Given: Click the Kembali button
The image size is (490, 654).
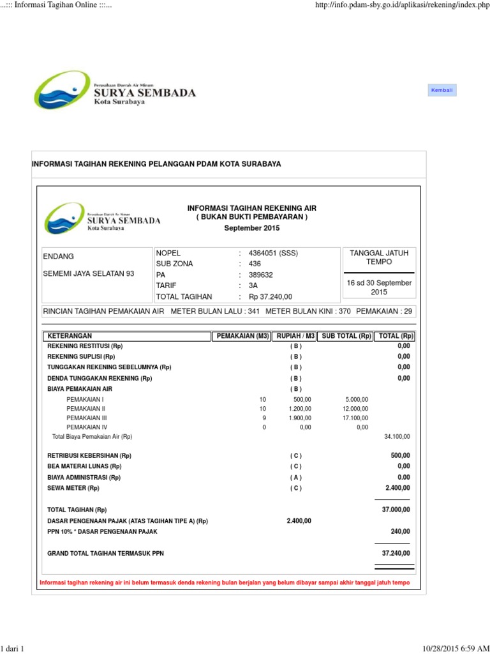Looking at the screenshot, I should point(442,91).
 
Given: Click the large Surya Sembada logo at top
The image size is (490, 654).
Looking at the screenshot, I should point(115,90).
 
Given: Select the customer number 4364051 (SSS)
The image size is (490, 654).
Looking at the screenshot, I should point(273,253).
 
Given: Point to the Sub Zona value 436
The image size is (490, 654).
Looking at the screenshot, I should point(255,264).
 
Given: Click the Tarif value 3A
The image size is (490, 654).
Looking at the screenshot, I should point(253,285).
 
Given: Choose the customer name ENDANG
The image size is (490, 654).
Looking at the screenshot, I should point(58,256).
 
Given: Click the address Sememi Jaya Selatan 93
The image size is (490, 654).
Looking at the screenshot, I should point(89,273).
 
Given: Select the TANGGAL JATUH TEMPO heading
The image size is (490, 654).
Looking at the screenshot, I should point(379,257).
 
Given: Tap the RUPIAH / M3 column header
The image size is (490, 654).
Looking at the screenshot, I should point(295,336).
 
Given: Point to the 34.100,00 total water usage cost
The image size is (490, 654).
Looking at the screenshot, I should point(397,437).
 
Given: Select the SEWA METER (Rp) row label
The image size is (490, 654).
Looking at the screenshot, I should point(73,488).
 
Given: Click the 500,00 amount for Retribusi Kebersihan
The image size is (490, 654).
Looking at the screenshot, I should point(401,456).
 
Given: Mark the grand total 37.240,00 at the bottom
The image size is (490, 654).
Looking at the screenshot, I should point(396,553).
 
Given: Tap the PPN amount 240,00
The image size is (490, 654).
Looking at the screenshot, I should point(401,531).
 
